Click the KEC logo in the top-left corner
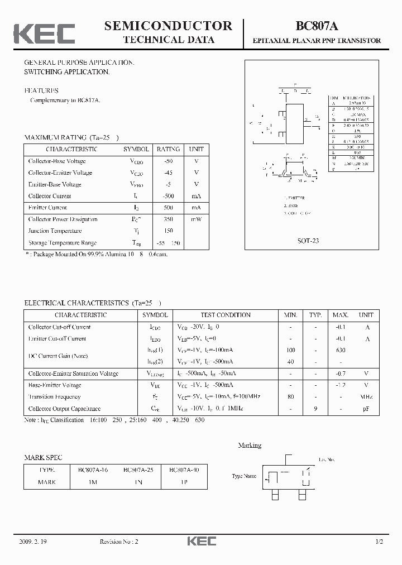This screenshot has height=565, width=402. pos(44,33)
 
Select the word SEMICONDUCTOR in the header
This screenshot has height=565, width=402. pos(168,26)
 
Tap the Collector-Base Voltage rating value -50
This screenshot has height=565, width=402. pos(168,161)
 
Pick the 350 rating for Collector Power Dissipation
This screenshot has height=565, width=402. pos(168,219)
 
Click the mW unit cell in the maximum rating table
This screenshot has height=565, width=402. pos(196,219)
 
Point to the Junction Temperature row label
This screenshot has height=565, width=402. pos(55,231)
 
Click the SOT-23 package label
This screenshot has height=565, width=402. pos(308,241)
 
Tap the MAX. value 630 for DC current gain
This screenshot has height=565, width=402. pos(341,350)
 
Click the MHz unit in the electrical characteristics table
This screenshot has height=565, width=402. pos(366,397)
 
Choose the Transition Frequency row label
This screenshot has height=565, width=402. pos(54,397)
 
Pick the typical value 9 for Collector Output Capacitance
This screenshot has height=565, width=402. pos(315,409)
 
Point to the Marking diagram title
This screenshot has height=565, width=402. pos(250,445)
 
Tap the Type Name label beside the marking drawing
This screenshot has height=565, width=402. pos(245,476)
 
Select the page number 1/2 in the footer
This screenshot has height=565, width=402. pos(379,542)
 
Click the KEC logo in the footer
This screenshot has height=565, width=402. pos(200,541)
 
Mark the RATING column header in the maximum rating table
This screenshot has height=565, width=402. pos(168,149)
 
